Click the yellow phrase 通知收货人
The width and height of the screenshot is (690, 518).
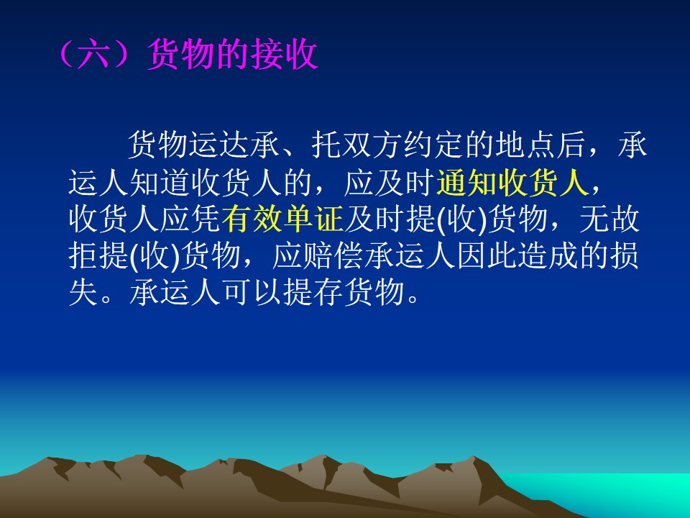[512, 183]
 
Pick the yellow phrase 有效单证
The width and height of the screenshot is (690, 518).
[282, 219]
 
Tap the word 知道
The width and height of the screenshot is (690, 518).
[160, 183]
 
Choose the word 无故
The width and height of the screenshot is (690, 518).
[609, 219]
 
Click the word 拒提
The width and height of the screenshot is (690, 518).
[98, 256]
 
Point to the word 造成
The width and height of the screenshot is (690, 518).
[548, 256]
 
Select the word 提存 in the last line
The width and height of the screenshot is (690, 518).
[313, 293]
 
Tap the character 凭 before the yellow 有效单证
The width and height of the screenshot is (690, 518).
[206, 219]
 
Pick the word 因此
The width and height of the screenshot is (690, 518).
[487, 256]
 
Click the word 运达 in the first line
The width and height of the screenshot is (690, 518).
[218, 145]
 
